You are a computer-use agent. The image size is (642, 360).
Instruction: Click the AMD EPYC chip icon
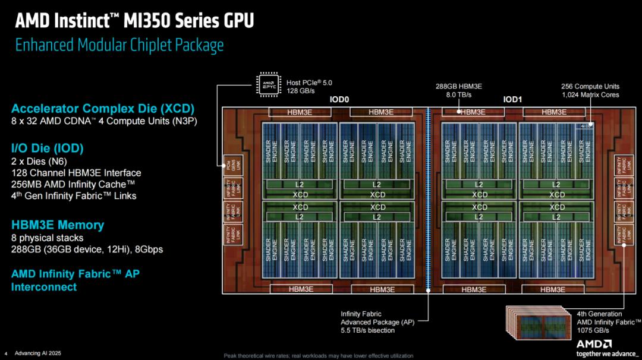(x=269, y=84)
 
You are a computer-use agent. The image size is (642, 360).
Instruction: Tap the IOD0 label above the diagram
(x=339, y=100)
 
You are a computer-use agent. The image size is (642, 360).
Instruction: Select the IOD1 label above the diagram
(x=512, y=100)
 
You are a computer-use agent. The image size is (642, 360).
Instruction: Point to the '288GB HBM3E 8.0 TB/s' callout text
(x=458, y=90)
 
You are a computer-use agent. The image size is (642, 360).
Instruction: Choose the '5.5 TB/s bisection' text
(x=369, y=330)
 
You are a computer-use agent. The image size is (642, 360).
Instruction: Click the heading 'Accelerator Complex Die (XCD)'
(x=102, y=109)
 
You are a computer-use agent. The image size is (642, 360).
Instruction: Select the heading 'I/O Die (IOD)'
(x=47, y=148)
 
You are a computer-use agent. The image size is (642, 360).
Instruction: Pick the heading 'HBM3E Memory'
(x=57, y=225)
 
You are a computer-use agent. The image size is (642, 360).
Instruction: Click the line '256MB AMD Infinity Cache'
(x=73, y=184)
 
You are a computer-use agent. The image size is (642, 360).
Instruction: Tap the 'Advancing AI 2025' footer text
(x=37, y=353)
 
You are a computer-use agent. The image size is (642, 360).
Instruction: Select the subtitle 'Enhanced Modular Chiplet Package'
(x=119, y=45)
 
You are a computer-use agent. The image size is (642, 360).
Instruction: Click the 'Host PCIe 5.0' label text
(x=309, y=83)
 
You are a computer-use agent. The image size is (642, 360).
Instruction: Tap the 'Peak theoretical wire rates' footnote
(x=318, y=355)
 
